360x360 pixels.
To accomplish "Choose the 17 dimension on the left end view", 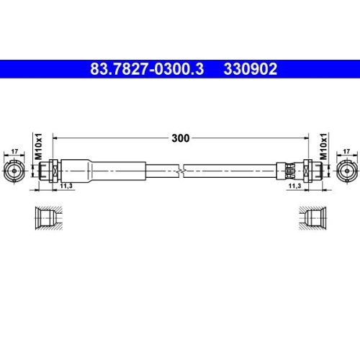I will click(x=14, y=151).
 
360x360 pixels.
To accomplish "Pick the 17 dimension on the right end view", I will click(x=347, y=151).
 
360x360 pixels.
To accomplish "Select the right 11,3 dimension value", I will click(x=294, y=186).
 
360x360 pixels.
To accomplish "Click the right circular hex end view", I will click(x=346, y=170).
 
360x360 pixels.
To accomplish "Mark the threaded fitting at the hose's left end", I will click(x=50, y=170).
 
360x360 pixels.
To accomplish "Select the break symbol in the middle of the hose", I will click(x=181, y=170).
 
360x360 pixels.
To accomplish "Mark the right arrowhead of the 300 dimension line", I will click(x=305, y=137).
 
